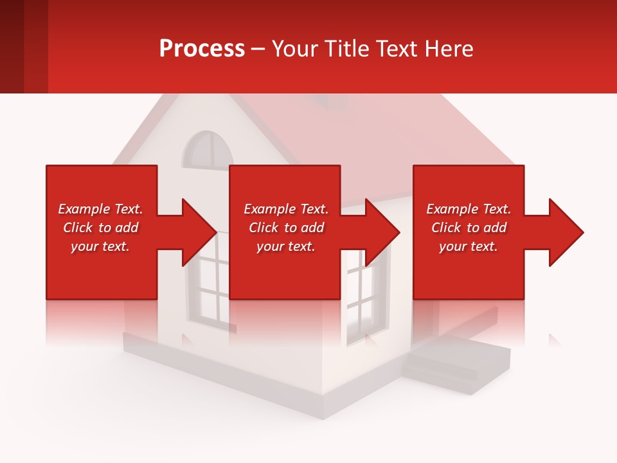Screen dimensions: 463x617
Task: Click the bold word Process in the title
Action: click(x=202, y=49)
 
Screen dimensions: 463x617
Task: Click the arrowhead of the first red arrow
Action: click(x=199, y=232)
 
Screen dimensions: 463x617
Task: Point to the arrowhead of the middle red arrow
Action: click(x=382, y=232)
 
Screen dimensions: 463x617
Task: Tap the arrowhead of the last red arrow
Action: click(x=566, y=232)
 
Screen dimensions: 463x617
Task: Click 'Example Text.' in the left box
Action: click(x=100, y=209)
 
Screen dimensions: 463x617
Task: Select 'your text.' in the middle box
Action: click(x=285, y=246)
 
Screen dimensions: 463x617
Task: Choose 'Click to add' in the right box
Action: click(x=469, y=228)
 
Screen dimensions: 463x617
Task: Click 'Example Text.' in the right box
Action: click(x=469, y=209)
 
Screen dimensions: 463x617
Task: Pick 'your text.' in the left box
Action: click(x=100, y=246)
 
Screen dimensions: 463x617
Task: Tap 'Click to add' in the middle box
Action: click(x=285, y=228)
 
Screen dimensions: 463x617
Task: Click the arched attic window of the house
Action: click(x=207, y=150)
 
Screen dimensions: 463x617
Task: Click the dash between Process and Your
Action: click(x=258, y=50)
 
